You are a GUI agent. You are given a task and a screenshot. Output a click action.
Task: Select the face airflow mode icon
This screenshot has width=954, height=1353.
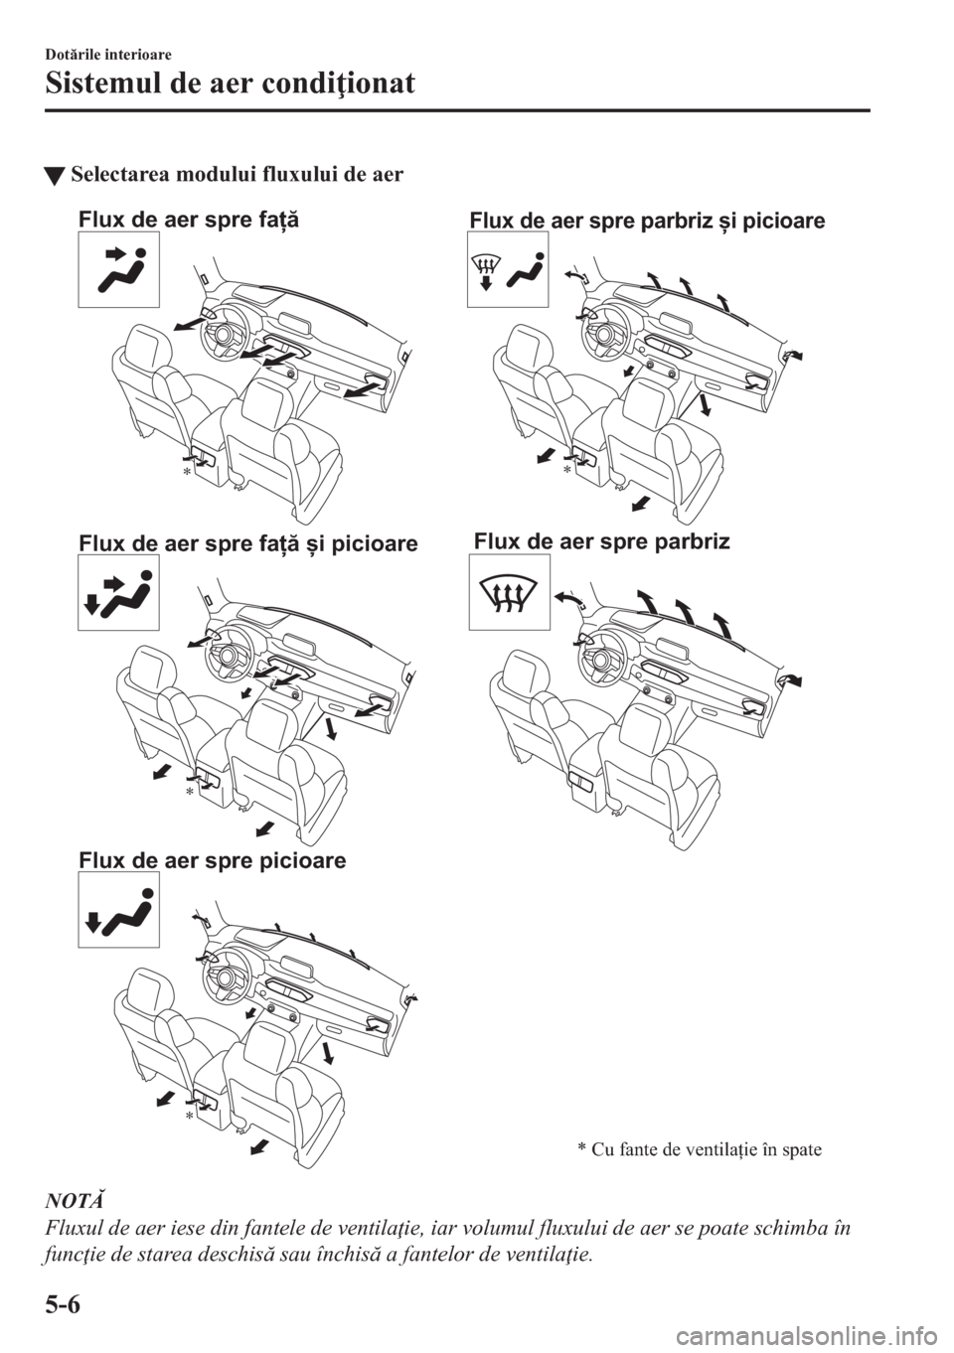[118, 270]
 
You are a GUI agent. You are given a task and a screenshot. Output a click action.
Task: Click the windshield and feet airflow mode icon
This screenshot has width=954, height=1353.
[508, 269]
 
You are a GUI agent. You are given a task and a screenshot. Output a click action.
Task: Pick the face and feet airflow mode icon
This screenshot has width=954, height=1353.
[118, 593]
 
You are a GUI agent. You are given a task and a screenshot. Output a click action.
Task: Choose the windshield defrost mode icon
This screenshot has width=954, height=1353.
[509, 593]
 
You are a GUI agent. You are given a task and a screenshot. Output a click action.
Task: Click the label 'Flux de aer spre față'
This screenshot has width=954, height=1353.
[188, 220]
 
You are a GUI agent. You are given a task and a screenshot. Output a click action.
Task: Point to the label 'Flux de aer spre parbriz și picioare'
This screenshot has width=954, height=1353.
[646, 221]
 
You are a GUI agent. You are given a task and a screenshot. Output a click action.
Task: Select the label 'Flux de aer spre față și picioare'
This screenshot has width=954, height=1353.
[247, 543]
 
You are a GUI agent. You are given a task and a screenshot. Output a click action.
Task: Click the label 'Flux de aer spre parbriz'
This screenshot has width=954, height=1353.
[601, 541]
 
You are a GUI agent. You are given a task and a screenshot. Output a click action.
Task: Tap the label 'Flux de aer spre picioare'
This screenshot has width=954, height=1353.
[212, 860]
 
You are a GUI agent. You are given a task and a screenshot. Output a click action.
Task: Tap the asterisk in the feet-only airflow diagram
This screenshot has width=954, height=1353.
[187, 1117]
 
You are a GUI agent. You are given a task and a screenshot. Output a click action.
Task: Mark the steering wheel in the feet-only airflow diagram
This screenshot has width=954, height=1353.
[226, 977]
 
